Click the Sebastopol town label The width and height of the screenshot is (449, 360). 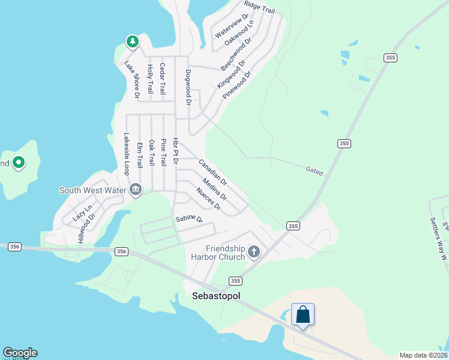[215, 296]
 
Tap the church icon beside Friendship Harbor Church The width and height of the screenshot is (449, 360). [254, 251]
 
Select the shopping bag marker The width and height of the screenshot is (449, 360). [303, 314]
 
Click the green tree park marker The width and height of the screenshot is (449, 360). [132, 41]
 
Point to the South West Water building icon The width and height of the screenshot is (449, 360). [136, 190]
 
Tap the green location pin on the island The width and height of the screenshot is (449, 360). [19, 163]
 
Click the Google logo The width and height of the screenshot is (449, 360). [20, 353]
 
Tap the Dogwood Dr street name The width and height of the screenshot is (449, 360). [188, 88]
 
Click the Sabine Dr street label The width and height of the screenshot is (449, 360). [189, 219]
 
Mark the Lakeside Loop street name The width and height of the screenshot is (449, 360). [127, 154]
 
